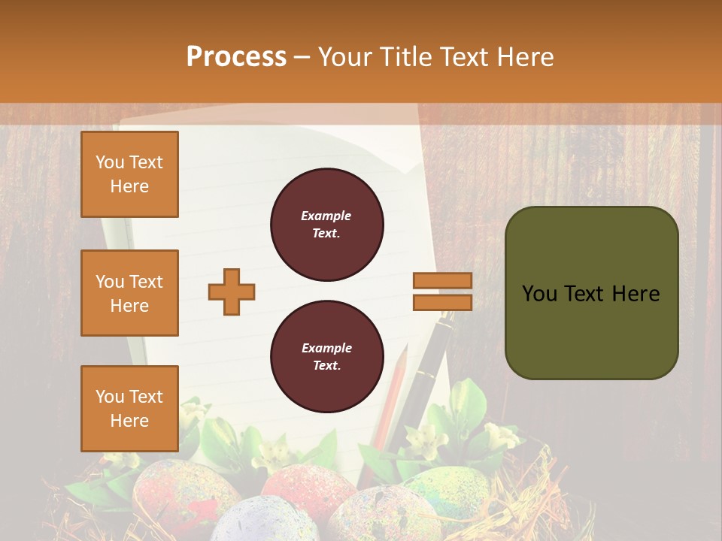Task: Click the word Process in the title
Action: point(236,56)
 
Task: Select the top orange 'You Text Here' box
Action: point(129,174)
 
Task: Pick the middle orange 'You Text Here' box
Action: point(129,293)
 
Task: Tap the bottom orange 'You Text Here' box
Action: point(129,409)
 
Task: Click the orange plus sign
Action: point(232,292)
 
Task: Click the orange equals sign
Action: point(442,292)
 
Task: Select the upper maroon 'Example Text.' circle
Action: point(327,225)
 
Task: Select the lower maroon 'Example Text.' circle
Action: point(327,356)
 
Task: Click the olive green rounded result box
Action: point(591,293)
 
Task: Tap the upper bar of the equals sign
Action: point(442,280)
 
